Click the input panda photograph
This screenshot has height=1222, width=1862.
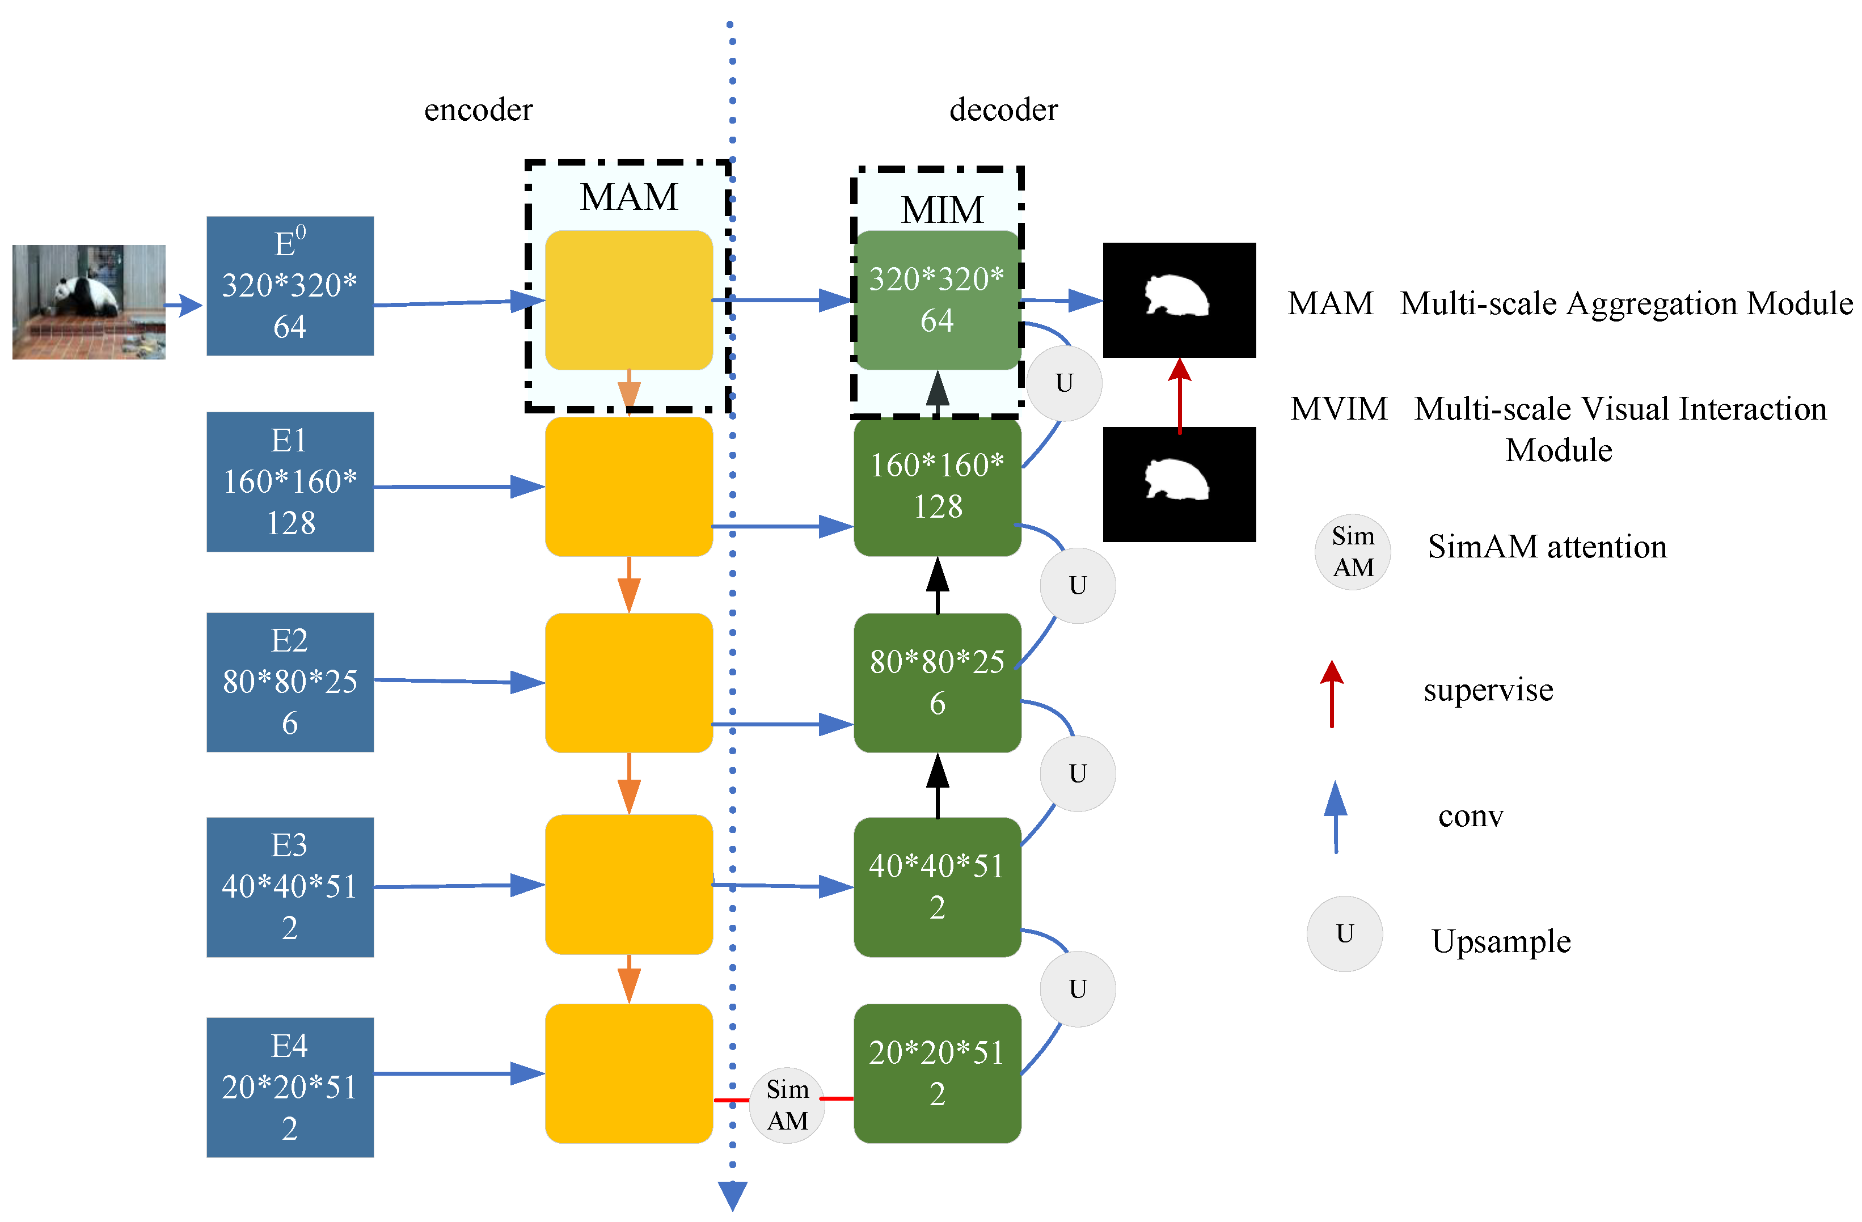coord(88,302)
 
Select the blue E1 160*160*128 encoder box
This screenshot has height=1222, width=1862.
coord(289,482)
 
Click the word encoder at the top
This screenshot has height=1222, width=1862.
coord(478,109)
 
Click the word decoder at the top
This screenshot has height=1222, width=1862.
coord(1003,109)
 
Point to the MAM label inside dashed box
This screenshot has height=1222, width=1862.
coord(628,196)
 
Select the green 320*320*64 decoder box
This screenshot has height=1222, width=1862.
coord(936,299)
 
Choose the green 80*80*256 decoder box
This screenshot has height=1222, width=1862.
coord(936,682)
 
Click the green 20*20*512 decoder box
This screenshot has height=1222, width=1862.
coord(936,1073)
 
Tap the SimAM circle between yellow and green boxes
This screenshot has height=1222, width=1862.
coord(787,1105)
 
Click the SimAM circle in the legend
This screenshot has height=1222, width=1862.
coord(1353,552)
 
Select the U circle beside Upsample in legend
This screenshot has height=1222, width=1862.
coord(1344,933)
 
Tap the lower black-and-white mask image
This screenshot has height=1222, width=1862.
coord(1179,484)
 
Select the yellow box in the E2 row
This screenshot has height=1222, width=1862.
coord(628,682)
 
